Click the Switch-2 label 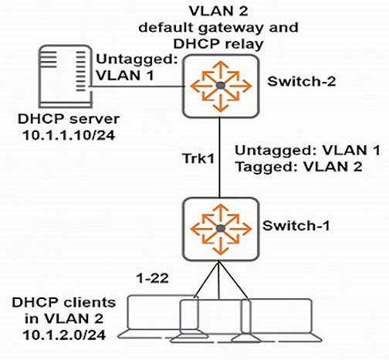(302, 82)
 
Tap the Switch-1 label (296, 226)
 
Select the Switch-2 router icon (221, 86)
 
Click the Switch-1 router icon (221, 229)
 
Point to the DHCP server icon (66, 76)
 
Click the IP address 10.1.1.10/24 (69, 135)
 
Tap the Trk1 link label (198, 158)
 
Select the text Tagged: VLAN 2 (299, 167)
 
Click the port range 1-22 (153, 278)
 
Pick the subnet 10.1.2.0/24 (64, 335)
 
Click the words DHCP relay (218, 44)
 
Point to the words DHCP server (69, 119)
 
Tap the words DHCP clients (64, 302)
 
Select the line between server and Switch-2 (137, 87)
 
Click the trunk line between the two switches (219, 158)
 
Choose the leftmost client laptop (163, 317)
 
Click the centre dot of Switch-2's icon (221, 86)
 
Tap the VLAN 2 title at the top (218, 12)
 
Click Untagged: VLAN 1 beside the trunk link (308, 151)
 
